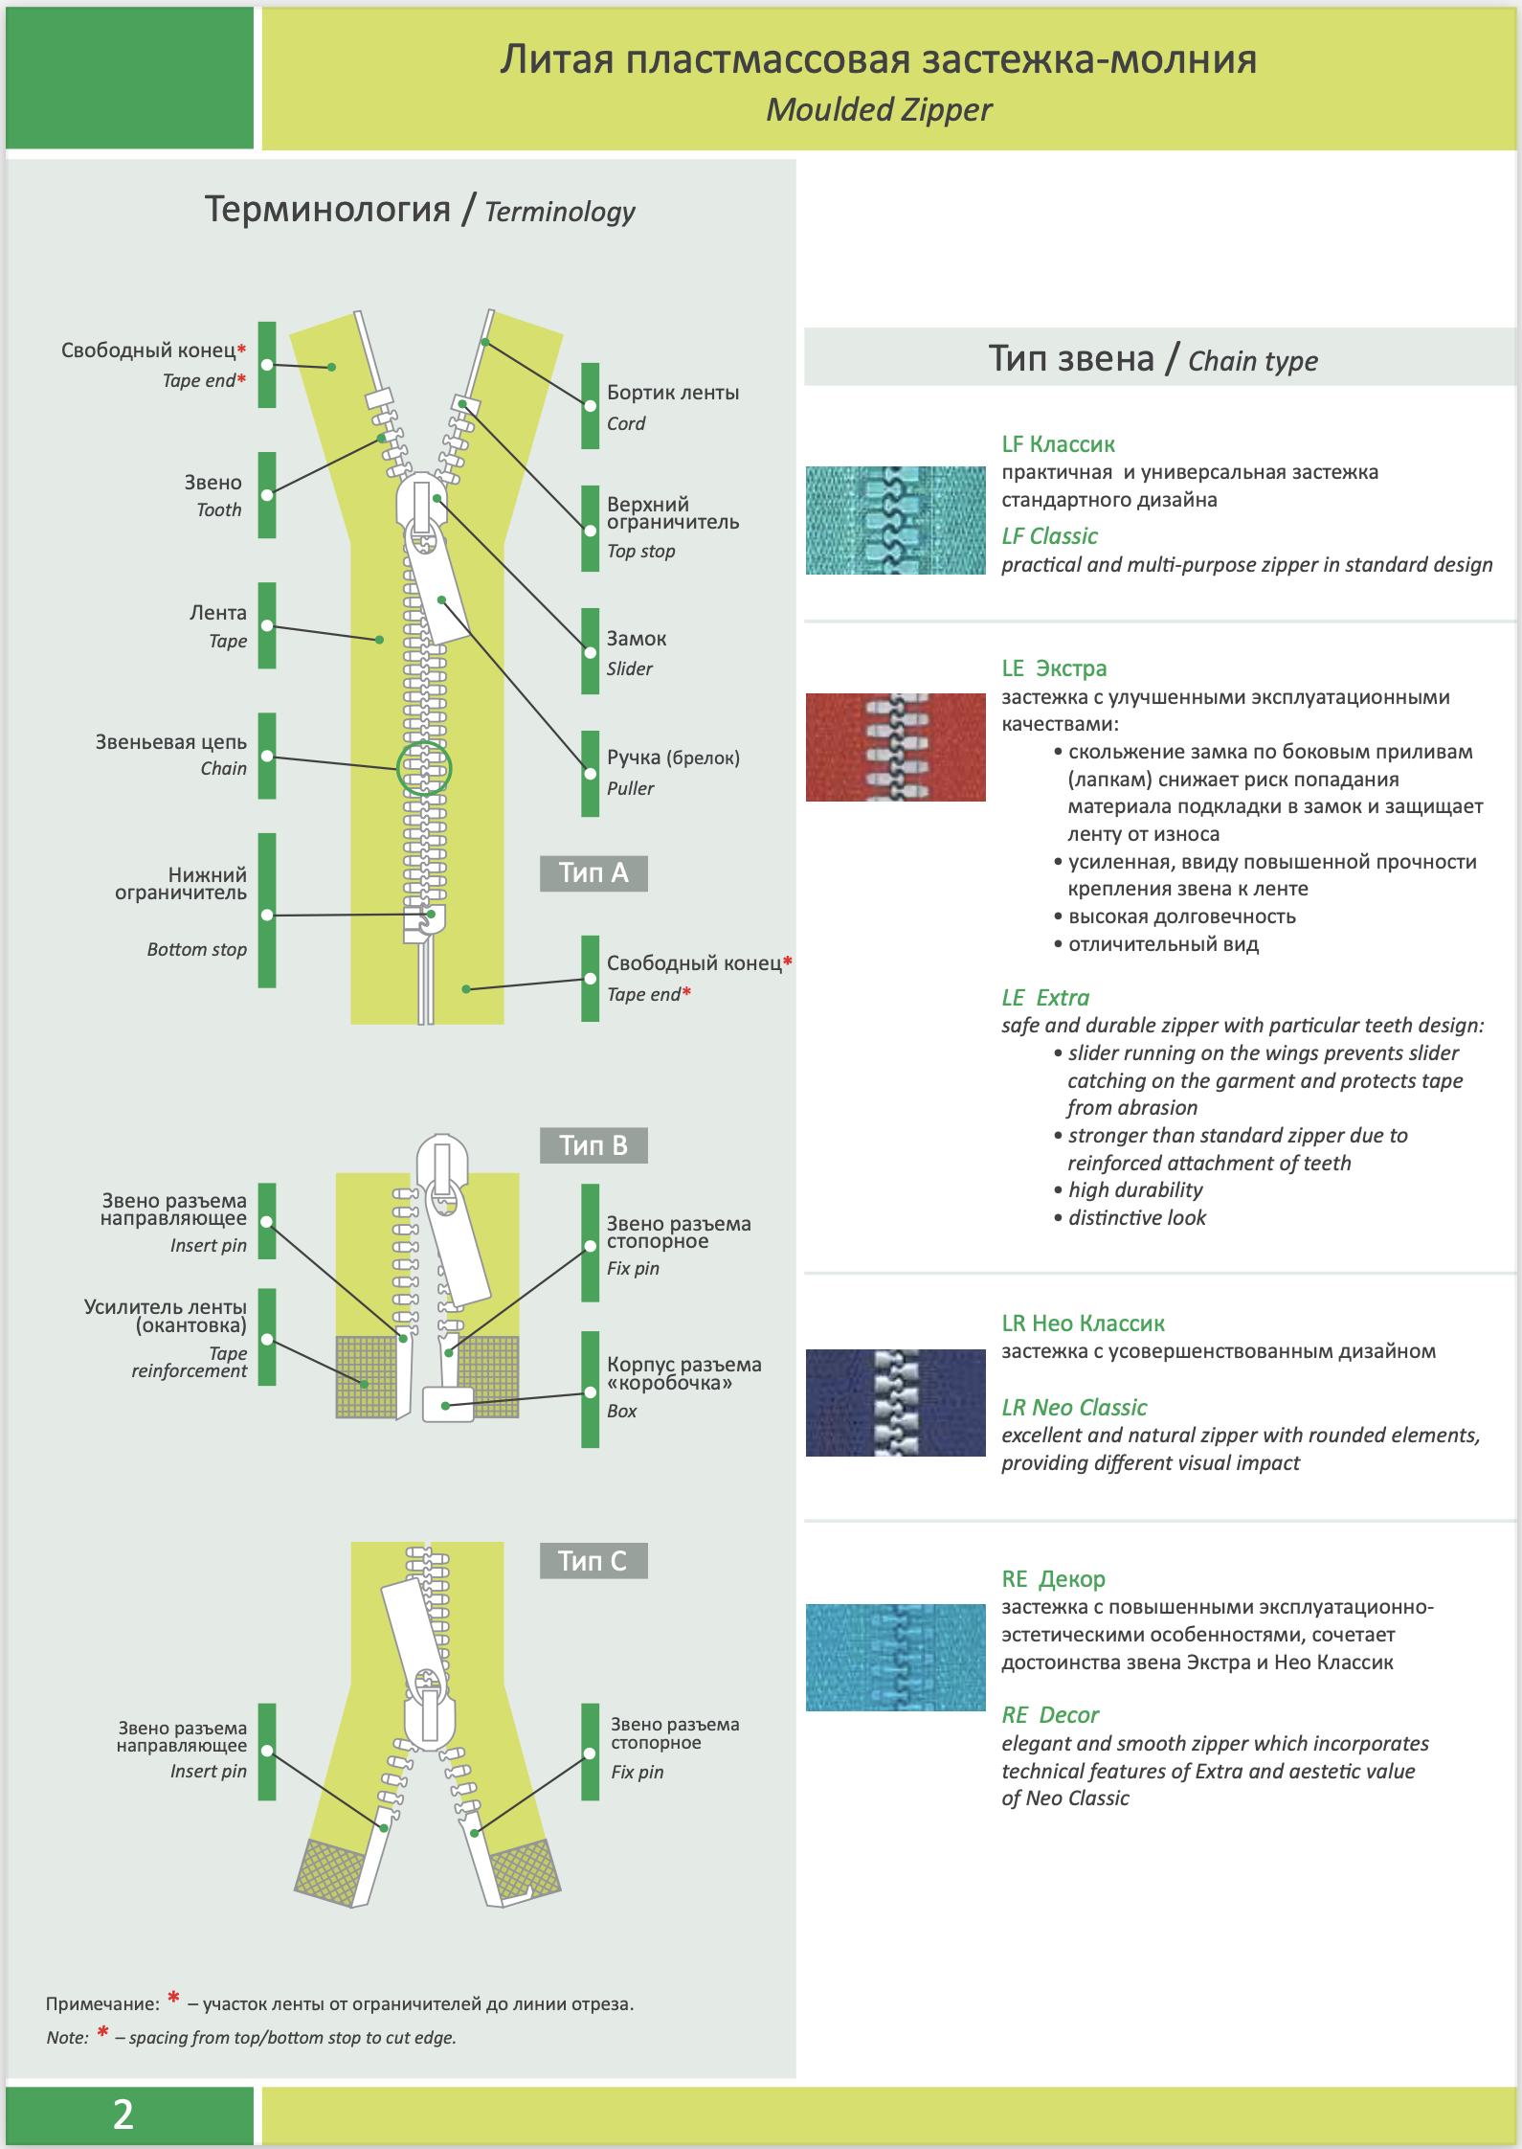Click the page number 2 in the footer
123,2114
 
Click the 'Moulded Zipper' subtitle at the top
879,110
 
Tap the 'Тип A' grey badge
593,873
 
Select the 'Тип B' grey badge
593,1145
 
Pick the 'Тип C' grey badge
593,1561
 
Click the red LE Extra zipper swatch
895,747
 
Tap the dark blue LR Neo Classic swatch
895,1403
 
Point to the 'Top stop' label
641,552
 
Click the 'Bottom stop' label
196,949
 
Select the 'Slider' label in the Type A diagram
630,668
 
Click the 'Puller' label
631,788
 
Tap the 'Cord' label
626,423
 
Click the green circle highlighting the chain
424,768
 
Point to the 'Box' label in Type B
622,1411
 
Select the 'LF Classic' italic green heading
1049,536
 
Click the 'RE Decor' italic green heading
1050,1715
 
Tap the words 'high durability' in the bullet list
1135,1190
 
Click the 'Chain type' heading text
1252,361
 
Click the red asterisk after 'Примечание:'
173,1998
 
